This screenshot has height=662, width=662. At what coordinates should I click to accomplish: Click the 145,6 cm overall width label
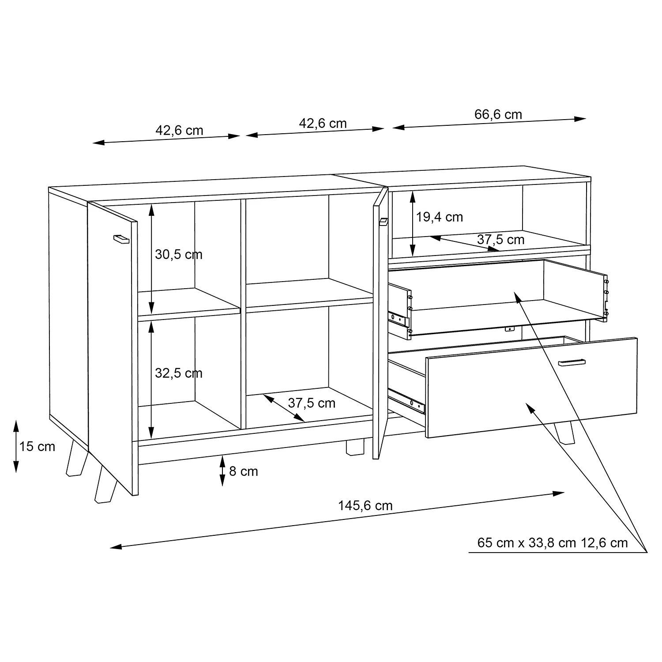[x=365, y=505]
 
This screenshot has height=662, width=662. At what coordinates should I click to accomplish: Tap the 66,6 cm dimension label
[x=498, y=115]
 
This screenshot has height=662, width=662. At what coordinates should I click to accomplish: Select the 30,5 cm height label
[x=179, y=255]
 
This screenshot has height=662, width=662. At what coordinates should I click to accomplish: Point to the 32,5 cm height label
[x=179, y=373]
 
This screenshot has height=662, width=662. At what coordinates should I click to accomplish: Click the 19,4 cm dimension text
[x=440, y=217]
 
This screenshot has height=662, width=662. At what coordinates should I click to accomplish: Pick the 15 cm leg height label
[x=37, y=447]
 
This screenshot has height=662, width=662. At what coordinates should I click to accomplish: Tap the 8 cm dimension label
[x=244, y=471]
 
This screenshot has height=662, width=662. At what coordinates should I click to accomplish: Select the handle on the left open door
[x=121, y=239]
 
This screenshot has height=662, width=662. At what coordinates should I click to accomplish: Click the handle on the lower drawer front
[x=572, y=362]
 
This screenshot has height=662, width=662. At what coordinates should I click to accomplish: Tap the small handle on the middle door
[x=383, y=222]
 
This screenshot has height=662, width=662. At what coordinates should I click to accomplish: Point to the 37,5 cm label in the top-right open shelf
[x=501, y=240]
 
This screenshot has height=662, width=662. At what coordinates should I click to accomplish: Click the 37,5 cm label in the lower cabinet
[x=312, y=403]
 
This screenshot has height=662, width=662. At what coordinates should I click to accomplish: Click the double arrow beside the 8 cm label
[x=222, y=471]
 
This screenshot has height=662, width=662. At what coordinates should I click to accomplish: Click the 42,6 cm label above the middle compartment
[x=323, y=124]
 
